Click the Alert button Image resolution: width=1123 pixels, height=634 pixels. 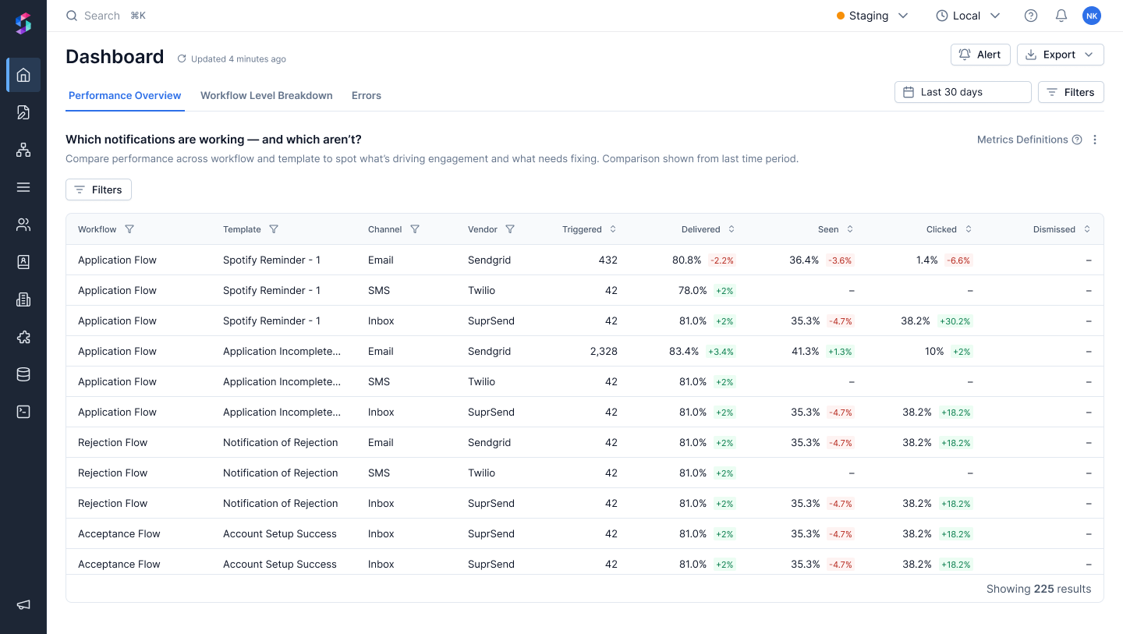click(x=980, y=55)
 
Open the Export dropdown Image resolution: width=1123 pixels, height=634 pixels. click(x=1060, y=55)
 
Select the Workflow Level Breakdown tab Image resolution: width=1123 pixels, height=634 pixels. click(x=266, y=95)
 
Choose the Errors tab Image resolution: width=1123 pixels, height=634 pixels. click(x=366, y=95)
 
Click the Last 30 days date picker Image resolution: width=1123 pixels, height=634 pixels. click(x=962, y=92)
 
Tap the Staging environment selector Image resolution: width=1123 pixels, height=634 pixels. click(x=872, y=16)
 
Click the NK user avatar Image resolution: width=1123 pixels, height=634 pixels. click(x=1092, y=16)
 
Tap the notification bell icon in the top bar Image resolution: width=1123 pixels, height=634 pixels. click(x=1061, y=16)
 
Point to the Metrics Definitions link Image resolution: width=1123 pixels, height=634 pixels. click(x=1022, y=140)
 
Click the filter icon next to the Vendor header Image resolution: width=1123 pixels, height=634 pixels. click(x=510, y=229)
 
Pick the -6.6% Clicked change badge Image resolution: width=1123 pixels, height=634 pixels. click(x=958, y=260)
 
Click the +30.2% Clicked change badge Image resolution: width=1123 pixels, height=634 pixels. click(x=955, y=321)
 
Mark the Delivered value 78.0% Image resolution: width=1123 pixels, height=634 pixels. click(x=693, y=290)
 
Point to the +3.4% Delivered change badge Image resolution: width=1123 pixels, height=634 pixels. click(x=721, y=352)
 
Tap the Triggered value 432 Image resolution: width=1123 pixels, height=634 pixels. click(x=608, y=260)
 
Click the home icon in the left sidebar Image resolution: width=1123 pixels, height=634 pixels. click(x=23, y=75)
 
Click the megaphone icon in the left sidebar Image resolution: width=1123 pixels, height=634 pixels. click(x=23, y=604)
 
